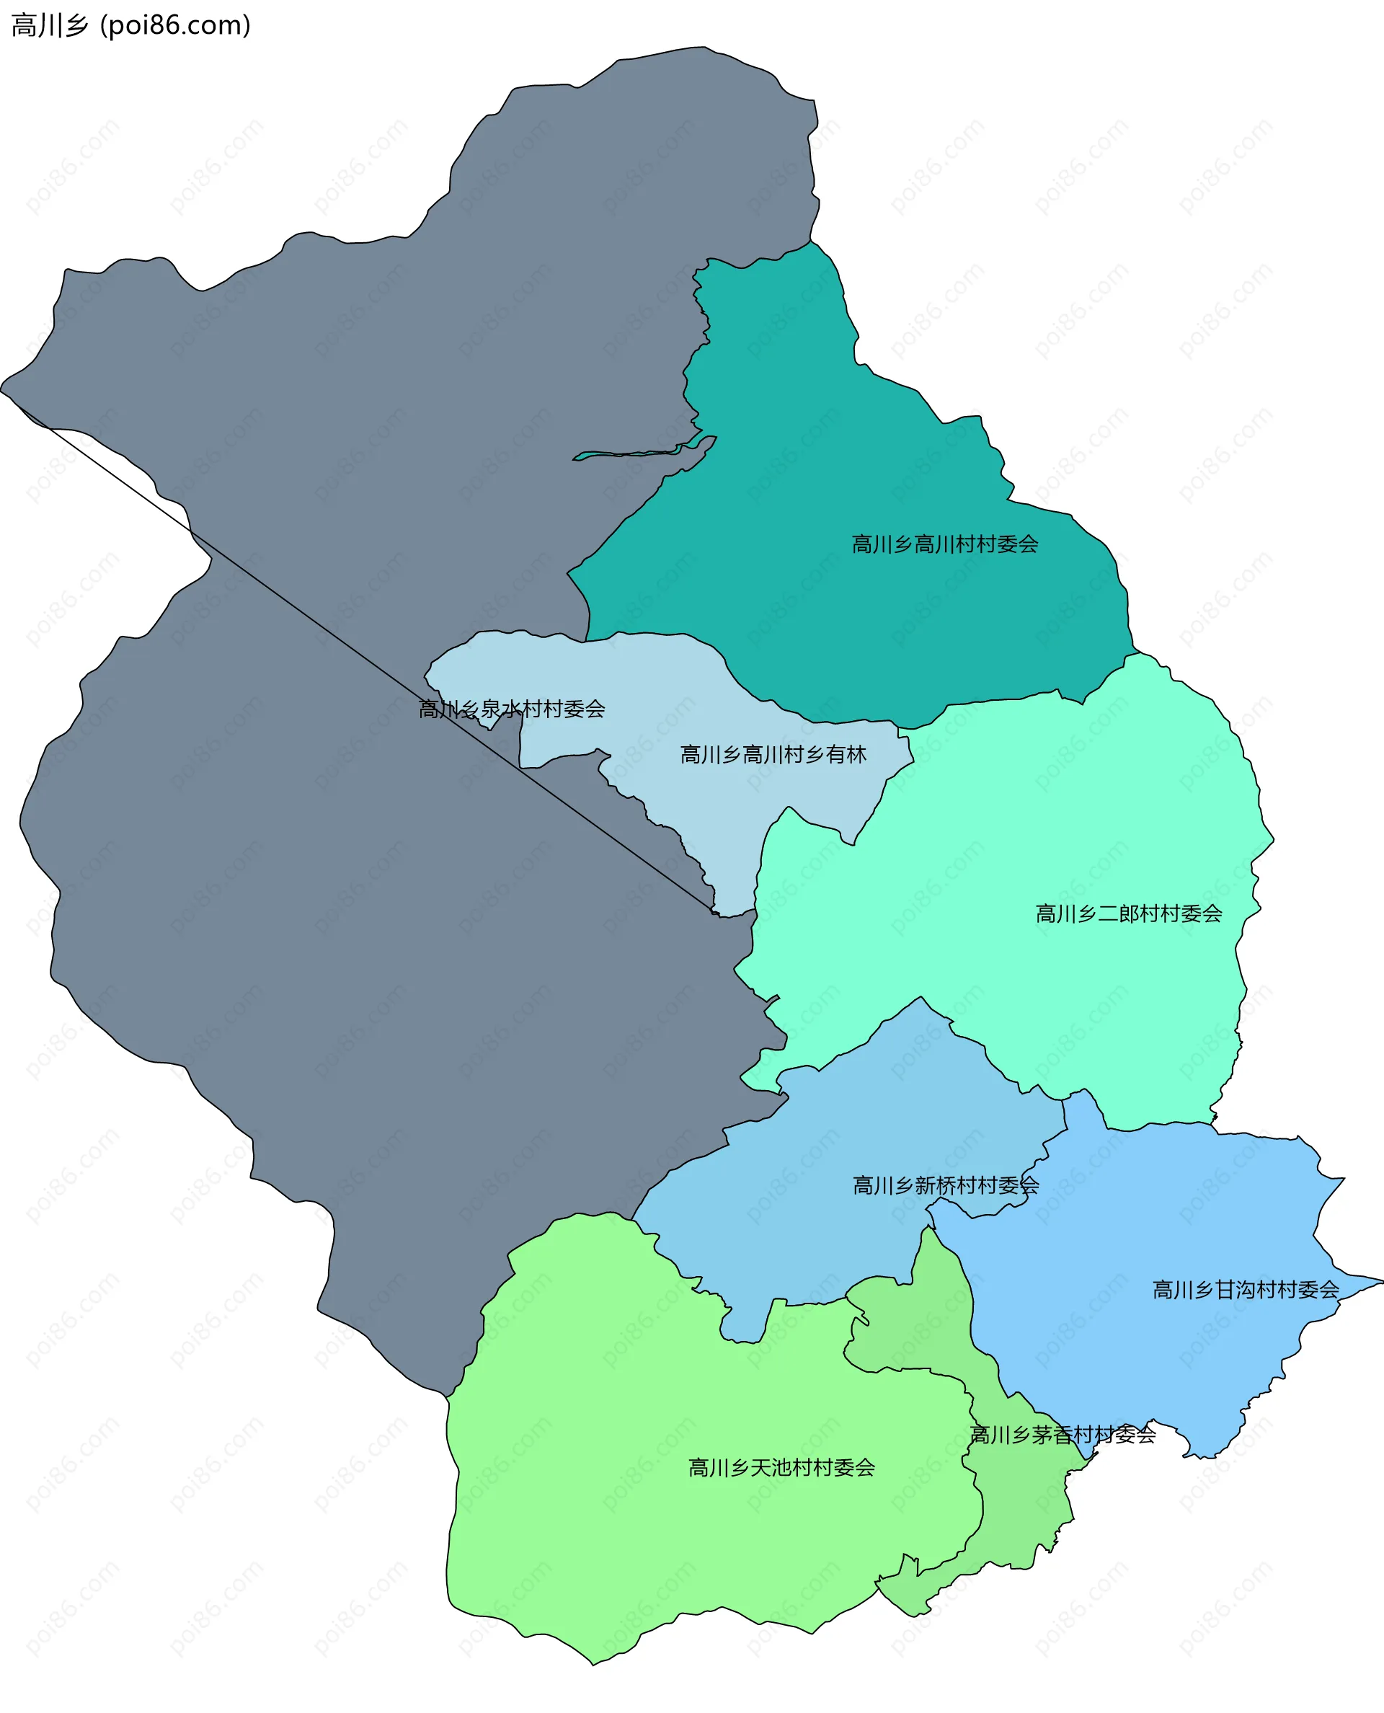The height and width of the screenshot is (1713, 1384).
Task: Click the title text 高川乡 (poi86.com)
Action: click(x=130, y=25)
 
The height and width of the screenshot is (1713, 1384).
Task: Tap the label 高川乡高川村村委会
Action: click(x=945, y=544)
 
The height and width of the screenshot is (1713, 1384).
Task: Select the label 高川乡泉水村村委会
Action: click(x=512, y=708)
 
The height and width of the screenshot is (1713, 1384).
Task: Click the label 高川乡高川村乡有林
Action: click(x=773, y=753)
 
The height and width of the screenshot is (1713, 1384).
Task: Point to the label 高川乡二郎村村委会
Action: click(x=1128, y=913)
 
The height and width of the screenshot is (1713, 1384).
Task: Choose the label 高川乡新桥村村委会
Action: click(x=946, y=1185)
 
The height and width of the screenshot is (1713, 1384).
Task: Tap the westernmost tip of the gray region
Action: click(x=2, y=390)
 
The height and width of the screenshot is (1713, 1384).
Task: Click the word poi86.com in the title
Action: click(x=175, y=25)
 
